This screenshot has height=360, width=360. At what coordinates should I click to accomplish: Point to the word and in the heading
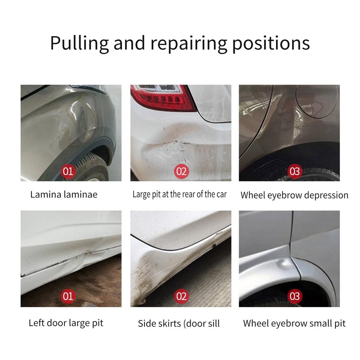click(129, 43)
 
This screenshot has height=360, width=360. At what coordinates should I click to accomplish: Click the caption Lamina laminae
click(64, 194)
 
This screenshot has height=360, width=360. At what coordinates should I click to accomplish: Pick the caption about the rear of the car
click(180, 194)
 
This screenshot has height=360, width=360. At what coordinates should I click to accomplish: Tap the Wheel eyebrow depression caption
click(294, 195)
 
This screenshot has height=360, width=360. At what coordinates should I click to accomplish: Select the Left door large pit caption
click(66, 323)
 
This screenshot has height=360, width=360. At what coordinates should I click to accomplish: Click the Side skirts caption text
click(179, 323)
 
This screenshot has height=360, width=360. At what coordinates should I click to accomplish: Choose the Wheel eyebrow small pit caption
click(294, 323)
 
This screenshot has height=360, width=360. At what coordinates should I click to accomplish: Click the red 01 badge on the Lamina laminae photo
click(68, 171)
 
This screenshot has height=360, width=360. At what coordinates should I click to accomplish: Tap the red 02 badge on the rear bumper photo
click(181, 171)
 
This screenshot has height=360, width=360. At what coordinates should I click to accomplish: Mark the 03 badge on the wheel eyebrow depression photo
click(295, 171)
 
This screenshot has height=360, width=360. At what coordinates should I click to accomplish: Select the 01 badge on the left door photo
click(68, 297)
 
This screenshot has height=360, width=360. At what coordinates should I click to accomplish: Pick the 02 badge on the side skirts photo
click(181, 297)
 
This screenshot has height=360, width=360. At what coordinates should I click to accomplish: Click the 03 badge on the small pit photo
click(295, 297)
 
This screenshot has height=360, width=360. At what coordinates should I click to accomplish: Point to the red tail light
click(162, 97)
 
